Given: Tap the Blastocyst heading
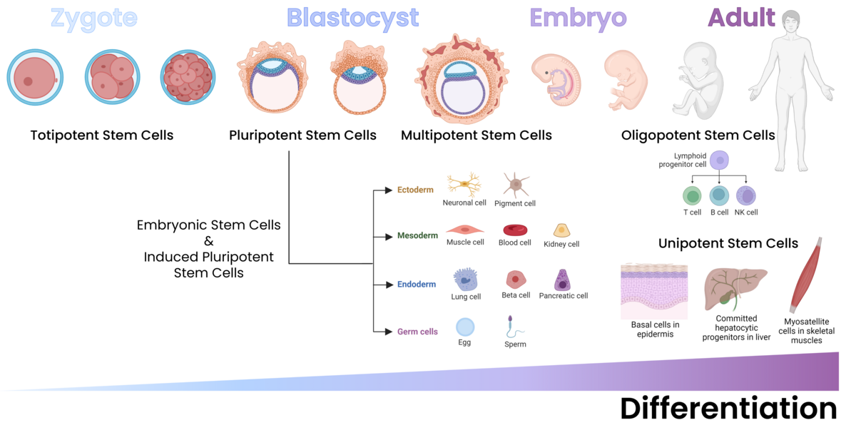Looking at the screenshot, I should pyautogui.click(x=352, y=18).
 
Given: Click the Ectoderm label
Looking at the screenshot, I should pyautogui.click(x=415, y=190).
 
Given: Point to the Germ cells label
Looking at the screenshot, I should pyautogui.click(x=417, y=332).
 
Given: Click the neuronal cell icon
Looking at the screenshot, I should pyautogui.click(x=464, y=185).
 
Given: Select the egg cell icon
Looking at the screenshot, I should pyautogui.click(x=465, y=327).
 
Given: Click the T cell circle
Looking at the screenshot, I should pyautogui.click(x=692, y=196).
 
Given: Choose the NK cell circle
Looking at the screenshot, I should pyautogui.click(x=745, y=196).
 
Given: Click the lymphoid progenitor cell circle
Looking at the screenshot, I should pyautogui.click(x=720, y=161).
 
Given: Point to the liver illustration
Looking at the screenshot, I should pyautogui.click(x=735, y=289).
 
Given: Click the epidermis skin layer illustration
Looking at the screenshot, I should pyautogui.click(x=654, y=292).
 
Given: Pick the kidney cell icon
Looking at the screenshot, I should pyautogui.click(x=561, y=230).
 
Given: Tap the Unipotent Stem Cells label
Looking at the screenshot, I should pyautogui.click(x=728, y=244).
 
